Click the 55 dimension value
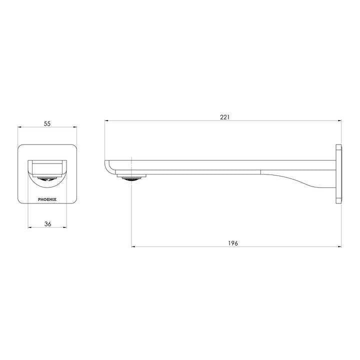[47, 123]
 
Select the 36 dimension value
[48, 224]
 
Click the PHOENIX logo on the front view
[47, 198]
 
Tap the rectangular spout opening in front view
[47, 166]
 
